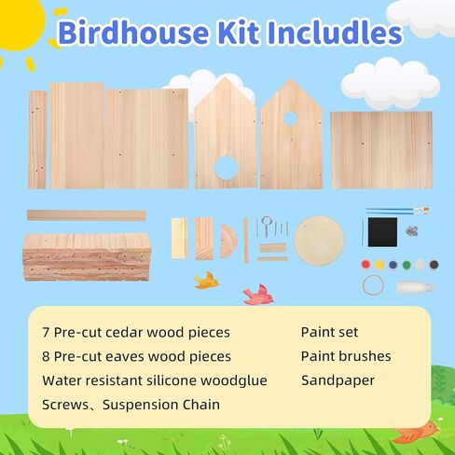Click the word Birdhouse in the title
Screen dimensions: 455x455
coord(133,33)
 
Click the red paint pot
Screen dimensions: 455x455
coord(365,265)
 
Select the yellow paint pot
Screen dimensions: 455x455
coord(379,265)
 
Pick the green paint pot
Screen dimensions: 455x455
coord(407,265)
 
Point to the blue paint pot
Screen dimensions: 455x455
coord(393,265)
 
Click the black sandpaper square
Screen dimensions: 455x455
coord(382,232)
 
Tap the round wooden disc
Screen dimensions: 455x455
coord(319,241)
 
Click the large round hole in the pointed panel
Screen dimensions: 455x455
coord(227,168)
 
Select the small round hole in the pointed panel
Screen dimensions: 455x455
coord(291,118)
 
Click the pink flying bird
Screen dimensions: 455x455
coord(258,295)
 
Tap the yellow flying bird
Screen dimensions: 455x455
coord(206,281)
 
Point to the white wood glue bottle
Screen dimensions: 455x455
coord(416,287)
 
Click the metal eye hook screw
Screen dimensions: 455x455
coord(267,226)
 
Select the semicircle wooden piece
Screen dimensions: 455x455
coord(228,241)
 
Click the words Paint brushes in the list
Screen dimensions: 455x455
coord(346,356)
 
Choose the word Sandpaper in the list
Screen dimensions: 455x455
coord(338,380)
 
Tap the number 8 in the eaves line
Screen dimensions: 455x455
coord(46,356)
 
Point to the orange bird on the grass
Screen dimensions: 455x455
coord(416,432)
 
